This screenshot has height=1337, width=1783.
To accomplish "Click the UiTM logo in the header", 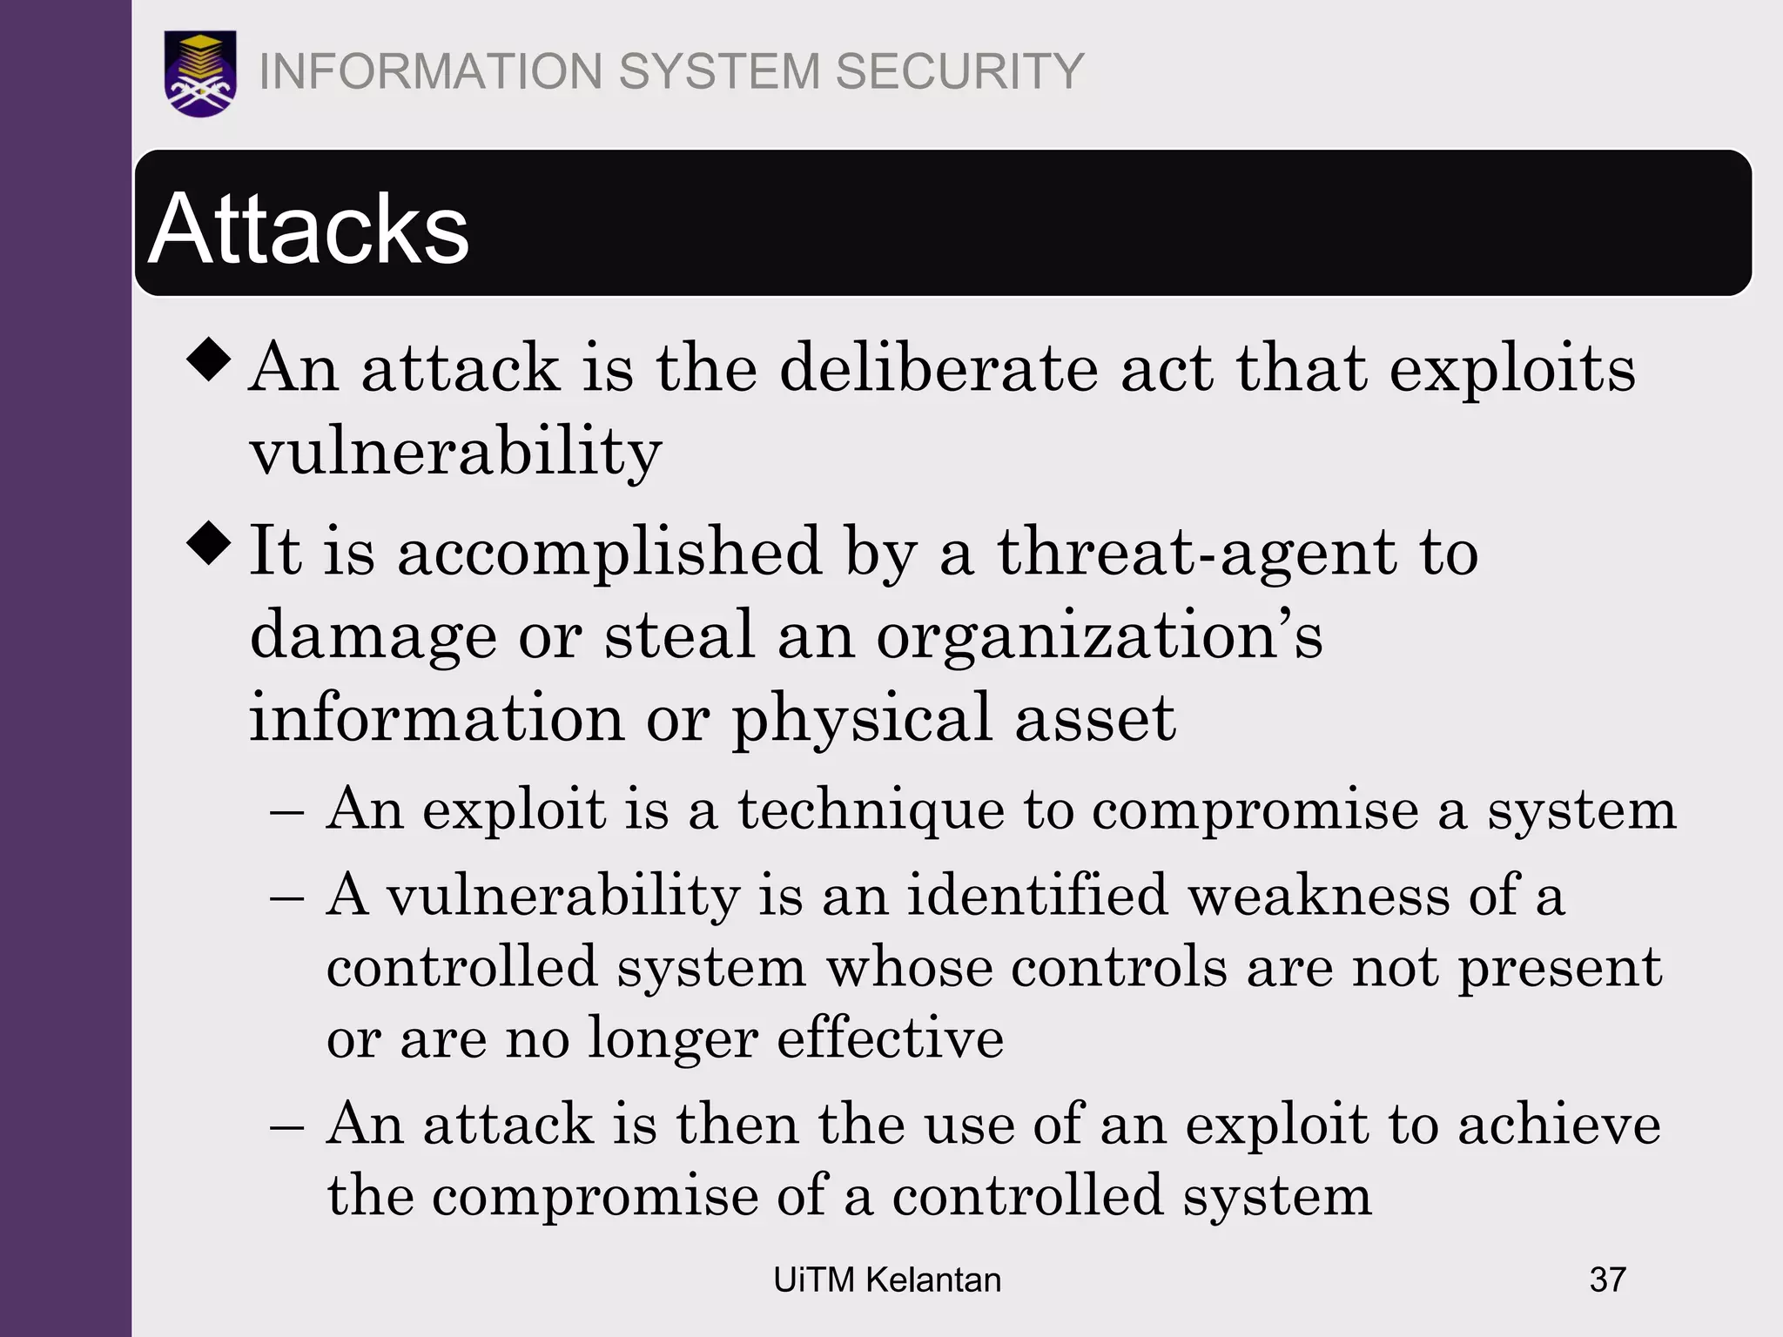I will tap(200, 73).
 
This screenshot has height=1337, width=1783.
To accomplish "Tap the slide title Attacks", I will tap(309, 229).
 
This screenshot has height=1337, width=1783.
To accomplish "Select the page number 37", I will tap(1607, 1280).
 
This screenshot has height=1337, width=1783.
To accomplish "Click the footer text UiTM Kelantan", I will tap(887, 1280).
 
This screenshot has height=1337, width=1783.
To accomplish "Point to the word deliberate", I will tap(939, 368).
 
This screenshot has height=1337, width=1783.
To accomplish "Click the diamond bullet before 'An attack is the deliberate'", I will tap(209, 359).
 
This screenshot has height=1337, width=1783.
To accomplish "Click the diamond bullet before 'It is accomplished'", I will tap(209, 542).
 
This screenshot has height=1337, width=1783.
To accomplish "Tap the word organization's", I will tap(1099, 636).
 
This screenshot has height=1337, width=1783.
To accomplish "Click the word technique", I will tap(871, 810).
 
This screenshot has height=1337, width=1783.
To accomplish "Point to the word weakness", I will tap(1319, 896).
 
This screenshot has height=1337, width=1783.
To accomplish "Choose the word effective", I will tap(890, 1038).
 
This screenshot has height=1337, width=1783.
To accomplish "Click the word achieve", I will tap(1558, 1125).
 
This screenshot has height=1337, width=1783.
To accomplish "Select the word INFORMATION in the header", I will tap(431, 71).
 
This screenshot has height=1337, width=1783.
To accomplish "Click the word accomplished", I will tap(609, 553).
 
